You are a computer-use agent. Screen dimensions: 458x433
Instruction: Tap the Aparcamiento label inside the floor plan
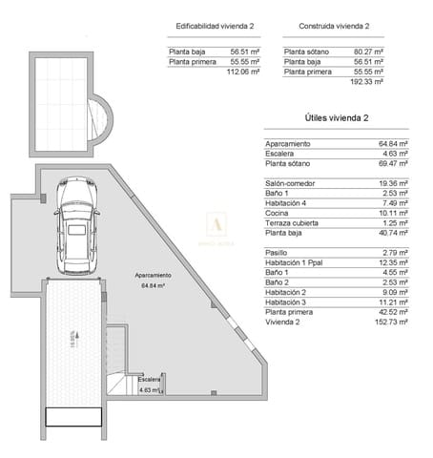(154, 275)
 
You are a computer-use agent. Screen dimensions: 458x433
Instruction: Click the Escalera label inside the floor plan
(150, 379)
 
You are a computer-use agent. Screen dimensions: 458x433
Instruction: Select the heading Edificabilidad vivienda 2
(213, 27)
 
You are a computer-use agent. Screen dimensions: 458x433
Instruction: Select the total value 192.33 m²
(367, 82)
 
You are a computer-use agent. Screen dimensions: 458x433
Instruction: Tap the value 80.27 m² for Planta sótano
(367, 51)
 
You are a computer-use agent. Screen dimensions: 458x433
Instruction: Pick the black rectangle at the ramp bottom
(75, 415)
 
